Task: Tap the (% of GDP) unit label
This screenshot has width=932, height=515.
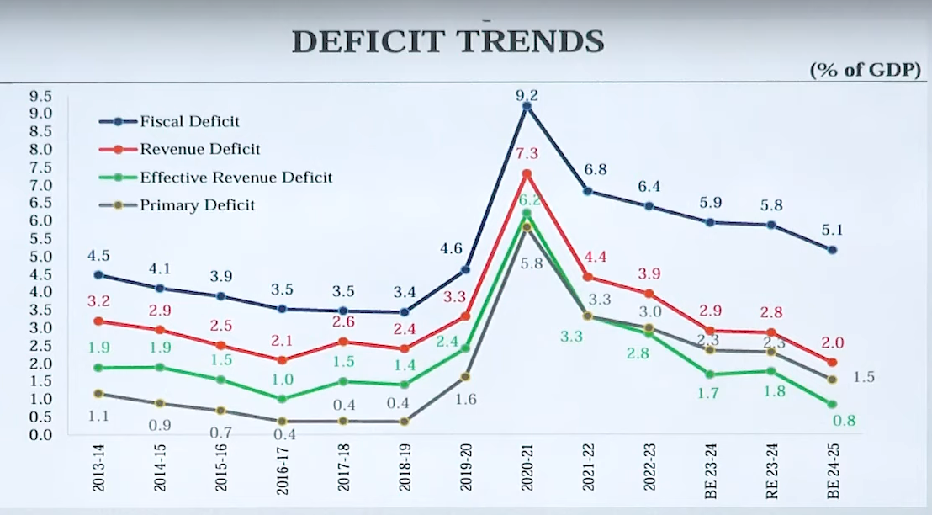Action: [x=866, y=71]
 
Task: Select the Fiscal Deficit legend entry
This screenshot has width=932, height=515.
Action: [x=189, y=122]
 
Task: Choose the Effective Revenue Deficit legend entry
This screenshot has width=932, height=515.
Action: [x=236, y=178]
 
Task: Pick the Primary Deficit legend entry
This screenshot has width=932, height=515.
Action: [x=197, y=204]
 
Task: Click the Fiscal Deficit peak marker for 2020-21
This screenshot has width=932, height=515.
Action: [x=527, y=106]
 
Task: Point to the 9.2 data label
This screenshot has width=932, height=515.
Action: [x=527, y=95]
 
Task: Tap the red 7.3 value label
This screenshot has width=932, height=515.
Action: [x=527, y=153]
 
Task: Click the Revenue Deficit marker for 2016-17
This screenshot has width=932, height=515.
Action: [x=283, y=360]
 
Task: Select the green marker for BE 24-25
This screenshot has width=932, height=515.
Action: [x=832, y=405]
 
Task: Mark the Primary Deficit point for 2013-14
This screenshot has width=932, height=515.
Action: [x=98, y=394]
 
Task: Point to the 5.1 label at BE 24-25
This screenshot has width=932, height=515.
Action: [x=832, y=229]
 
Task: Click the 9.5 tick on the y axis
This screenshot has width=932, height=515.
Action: [x=41, y=96]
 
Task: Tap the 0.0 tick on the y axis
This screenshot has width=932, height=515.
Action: [x=41, y=435]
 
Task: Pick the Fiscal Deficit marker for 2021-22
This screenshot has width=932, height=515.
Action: [x=587, y=192]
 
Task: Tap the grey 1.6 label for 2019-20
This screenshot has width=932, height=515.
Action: [x=465, y=399]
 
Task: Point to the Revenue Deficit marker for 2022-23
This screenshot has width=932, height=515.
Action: [x=649, y=294]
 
